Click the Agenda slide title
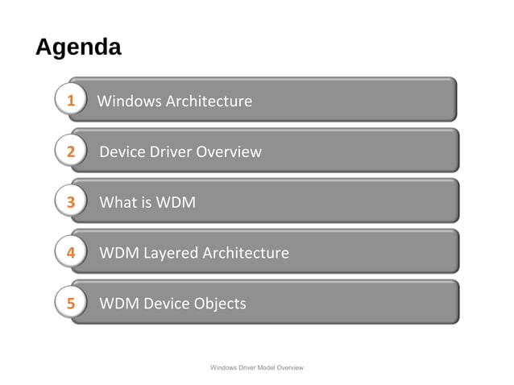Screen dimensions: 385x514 (78, 47)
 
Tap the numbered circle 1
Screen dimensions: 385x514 (71, 101)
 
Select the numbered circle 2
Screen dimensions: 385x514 (71, 151)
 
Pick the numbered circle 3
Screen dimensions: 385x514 (71, 202)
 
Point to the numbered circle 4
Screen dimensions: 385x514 (71, 253)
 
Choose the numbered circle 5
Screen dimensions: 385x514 (71, 304)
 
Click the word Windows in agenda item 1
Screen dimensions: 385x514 (129, 101)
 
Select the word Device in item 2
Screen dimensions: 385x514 (121, 151)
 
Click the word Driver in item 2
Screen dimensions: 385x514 (171, 151)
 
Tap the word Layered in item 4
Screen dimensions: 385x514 (171, 253)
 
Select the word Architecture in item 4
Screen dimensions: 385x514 (245, 253)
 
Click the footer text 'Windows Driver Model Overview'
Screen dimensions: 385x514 (256, 367)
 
